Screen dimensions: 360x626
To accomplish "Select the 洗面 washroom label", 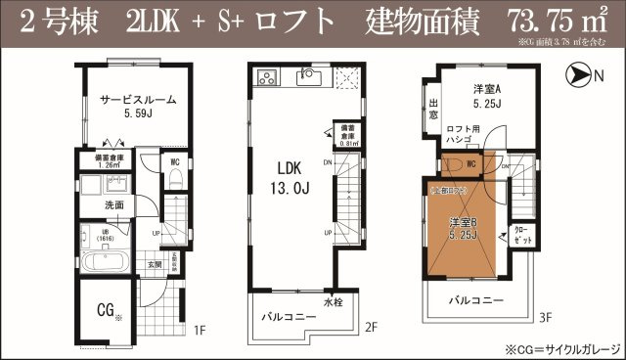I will pyautogui.click(x=114, y=205).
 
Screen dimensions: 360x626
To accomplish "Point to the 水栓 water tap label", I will pyautogui.click(x=332, y=302).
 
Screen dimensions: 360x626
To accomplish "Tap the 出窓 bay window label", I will pyautogui.click(x=433, y=109).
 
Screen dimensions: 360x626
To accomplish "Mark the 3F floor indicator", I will pyautogui.click(x=546, y=316).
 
